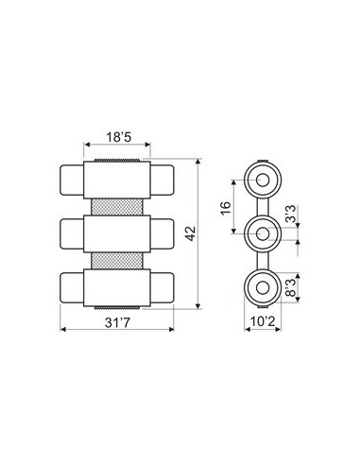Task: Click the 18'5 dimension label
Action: (x=118, y=137)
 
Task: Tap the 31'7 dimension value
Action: (x=117, y=322)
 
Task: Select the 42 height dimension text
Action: (x=190, y=233)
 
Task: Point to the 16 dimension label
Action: (x=226, y=208)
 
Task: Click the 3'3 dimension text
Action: (x=291, y=215)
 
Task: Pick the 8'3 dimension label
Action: (x=291, y=287)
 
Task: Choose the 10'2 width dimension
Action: (x=263, y=321)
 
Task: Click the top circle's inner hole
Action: (x=263, y=181)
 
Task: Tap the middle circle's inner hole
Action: (x=263, y=234)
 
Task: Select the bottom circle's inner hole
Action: (x=263, y=288)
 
